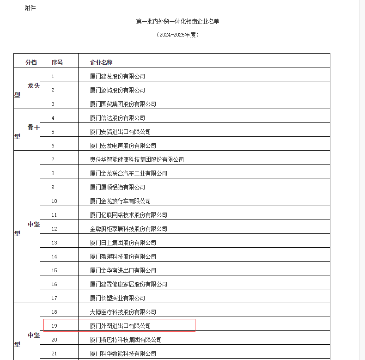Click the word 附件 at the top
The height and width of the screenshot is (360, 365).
tap(30, 8)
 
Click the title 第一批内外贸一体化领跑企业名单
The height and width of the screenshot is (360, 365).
tap(177, 22)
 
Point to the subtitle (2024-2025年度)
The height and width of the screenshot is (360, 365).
tap(177, 35)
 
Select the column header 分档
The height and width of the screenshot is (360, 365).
tap(31, 62)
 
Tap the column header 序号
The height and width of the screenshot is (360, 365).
tap(57, 62)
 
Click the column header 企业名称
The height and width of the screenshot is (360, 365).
tap(101, 62)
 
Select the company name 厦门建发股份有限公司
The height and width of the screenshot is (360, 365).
tap(117, 76)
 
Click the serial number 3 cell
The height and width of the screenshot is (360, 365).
tap(53, 104)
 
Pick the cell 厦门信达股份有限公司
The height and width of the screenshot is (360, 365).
tap(117, 118)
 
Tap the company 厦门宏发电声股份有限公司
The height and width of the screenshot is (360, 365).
tap(123, 146)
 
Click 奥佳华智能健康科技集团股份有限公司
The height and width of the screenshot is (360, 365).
tap(137, 159)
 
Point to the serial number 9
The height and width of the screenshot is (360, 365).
tap(53, 187)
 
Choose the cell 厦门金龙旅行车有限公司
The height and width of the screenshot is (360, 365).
tap(120, 201)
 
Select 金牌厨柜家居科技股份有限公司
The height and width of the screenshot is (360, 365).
tap(128, 229)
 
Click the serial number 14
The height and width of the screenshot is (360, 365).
tap(55, 256)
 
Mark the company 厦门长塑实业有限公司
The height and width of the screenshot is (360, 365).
tap(117, 298)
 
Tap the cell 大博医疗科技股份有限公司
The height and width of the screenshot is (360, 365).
tap(123, 312)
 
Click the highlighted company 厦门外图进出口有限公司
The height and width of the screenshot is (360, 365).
tap(120, 326)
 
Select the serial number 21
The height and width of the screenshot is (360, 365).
tap(55, 354)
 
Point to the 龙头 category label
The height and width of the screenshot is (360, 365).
tap(33, 85)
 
